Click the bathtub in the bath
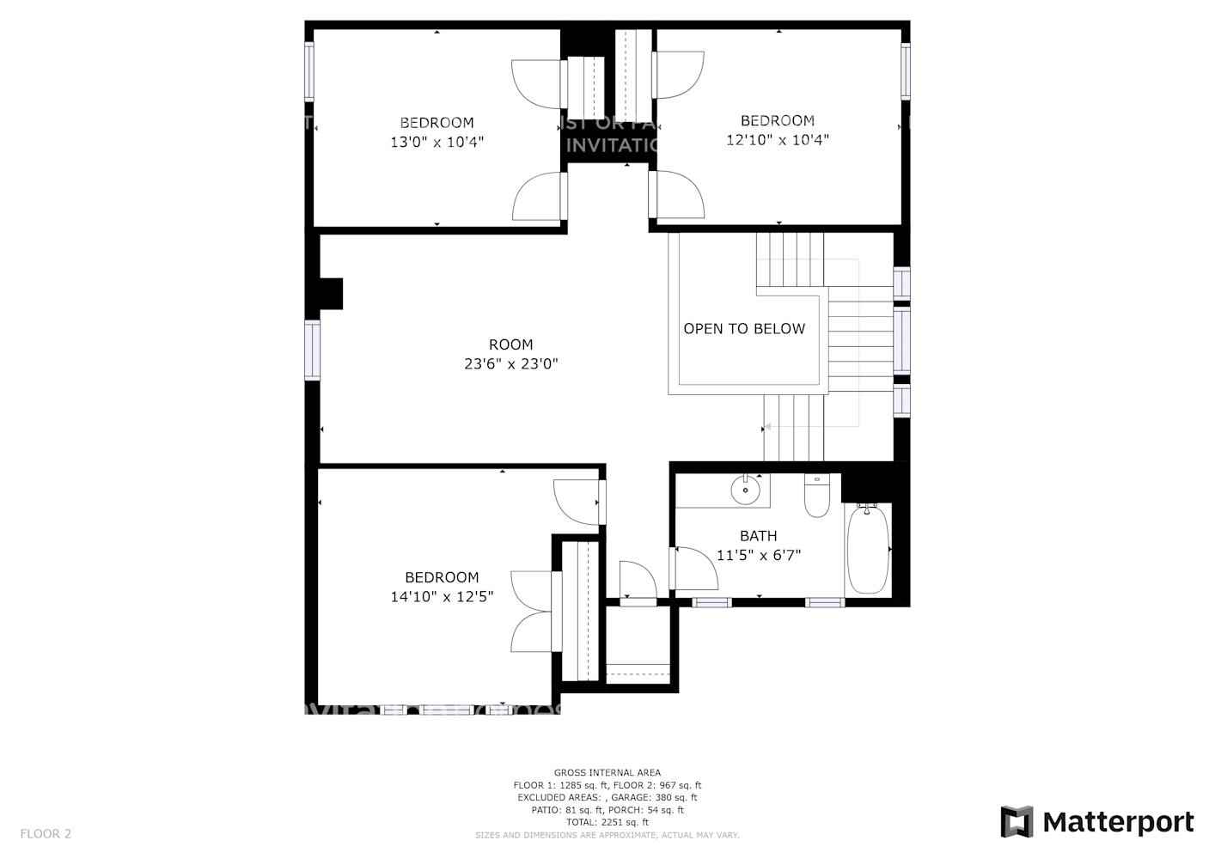click(x=868, y=550)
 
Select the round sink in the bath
click(x=745, y=490)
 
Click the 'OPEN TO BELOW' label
click(x=744, y=329)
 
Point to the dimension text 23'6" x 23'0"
click(x=511, y=364)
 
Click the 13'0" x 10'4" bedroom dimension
click(x=437, y=143)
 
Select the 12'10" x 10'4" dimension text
click(x=777, y=140)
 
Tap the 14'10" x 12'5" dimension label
click(x=442, y=597)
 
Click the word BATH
click(x=758, y=536)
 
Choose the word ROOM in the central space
click(x=511, y=344)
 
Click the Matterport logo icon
click(x=1017, y=822)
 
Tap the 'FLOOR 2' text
click(x=46, y=833)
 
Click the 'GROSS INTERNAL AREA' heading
click(x=607, y=773)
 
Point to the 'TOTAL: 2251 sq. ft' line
click(x=607, y=822)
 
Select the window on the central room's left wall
click(x=312, y=350)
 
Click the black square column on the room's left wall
click(x=330, y=293)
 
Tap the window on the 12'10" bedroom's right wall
click(x=906, y=70)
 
